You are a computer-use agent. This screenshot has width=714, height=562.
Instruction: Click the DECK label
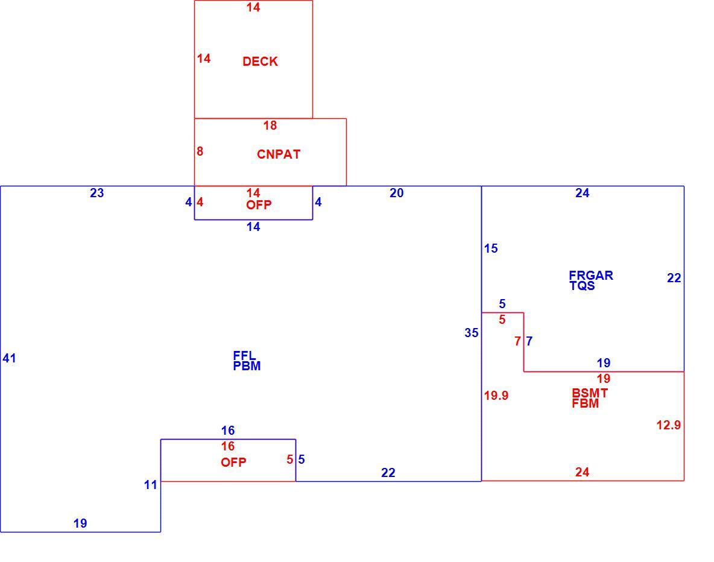click(x=260, y=62)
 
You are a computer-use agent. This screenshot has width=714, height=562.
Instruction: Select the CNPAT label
click(x=279, y=154)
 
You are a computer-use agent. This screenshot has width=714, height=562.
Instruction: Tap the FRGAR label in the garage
click(x=591, y=275)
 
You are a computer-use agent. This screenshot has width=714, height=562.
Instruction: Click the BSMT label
click(x=590, y=393)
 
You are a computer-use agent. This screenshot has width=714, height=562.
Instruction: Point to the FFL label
click(x=244, y=355)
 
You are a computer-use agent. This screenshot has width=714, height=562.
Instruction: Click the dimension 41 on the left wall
click(x=9, y=358)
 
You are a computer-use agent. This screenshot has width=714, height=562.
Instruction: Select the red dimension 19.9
click(x=496, y=396)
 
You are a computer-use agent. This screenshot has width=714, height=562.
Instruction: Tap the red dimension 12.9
click(x=668, y=425)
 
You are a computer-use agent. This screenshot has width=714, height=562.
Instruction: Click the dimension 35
click(x=472, y=333)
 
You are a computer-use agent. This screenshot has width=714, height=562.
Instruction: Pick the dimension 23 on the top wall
click(x=96, y=193)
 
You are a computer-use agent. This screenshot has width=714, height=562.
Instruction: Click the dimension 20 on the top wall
click(x=396, y=193)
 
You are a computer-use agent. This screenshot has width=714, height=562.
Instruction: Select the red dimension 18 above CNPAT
click(x=270, y=125)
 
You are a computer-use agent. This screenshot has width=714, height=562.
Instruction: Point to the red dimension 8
click(x=200, y=151)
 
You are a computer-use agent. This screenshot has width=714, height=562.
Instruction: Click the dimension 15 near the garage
click(x=491, y=248)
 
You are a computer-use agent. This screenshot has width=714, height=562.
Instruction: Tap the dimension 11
click(x=151, y=485)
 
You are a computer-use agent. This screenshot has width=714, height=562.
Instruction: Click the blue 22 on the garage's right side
click(x=674, y=278)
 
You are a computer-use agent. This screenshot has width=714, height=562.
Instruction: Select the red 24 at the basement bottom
click(x=582, y=472)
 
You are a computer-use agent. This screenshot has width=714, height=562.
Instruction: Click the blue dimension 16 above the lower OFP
click(x=228, y=431)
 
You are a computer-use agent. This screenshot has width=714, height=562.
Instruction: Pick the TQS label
click(x=582, y=286)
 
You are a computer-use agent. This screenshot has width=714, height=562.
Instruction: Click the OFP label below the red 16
click(x=233, y=463)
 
